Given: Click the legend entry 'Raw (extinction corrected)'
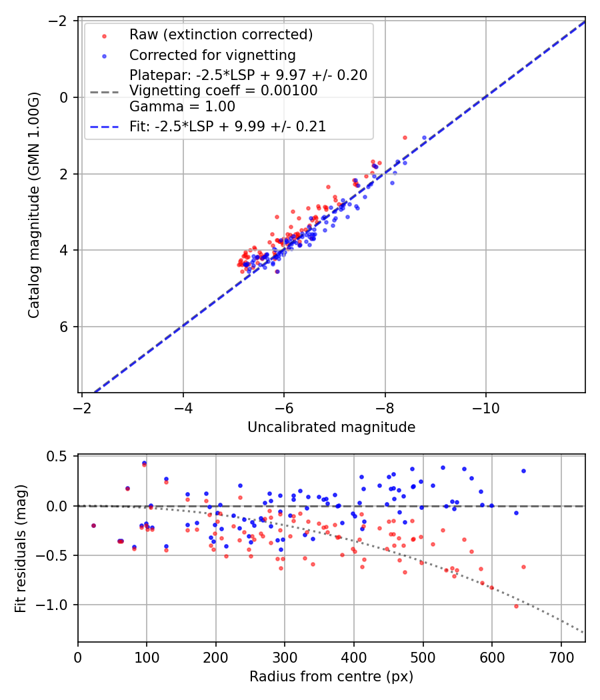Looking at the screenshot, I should point(221,35).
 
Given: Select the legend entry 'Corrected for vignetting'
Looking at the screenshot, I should point(212,55).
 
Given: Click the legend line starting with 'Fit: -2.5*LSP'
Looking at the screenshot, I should point(227,127).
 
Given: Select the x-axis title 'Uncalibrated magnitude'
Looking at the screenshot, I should point(331,427).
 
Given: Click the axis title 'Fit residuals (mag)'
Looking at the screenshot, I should point(21,548).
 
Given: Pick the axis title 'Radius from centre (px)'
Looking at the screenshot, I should point(331,677).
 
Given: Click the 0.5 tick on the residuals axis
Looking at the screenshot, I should point(61,457).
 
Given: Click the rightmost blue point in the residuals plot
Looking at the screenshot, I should point(523,471).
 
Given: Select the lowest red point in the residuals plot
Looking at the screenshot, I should point(516,606).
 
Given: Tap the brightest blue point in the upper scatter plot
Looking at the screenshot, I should point(424,138).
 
